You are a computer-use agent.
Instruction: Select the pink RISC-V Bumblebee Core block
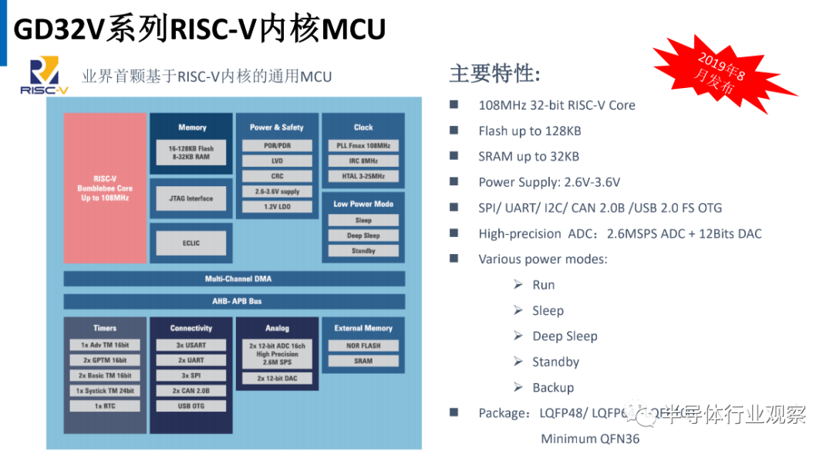pyautogui.click(x=104, y=188)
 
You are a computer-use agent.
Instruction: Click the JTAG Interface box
pyautogui.click(x=191, y=198)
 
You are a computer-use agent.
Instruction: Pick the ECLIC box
pyautogui.click(x=191, y=243)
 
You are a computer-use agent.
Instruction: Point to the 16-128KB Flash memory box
pyautogui.click(x=191, y=152)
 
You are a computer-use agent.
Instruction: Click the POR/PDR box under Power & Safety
pyautogui.click(x=277, y=146)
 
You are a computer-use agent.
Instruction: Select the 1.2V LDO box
pyautogui.click(x=277, y=206)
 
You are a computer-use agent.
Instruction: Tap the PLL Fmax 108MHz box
pyautogui.click(x=363, y=146)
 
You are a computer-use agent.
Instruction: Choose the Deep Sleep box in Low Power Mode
pyautogui.click(x=363, y=236)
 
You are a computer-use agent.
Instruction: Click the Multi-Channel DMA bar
pyautogui.click(x=234, y=279)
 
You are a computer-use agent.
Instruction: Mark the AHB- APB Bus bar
pyautogui.click(x=234, y=301)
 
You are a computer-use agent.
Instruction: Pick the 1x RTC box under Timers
pyautogui.click(x=105, y=405)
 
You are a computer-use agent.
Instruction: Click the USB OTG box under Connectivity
pyautogui.click(x=191, y=405)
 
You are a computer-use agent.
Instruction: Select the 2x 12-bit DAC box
pyautogui.click(x=277, y=378)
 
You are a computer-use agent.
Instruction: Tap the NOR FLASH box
pyautogui.click(x=363, y=346)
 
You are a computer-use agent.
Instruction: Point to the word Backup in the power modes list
pyautogui.click(x=553, y=388)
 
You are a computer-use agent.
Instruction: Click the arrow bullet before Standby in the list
pyautogui.click(x=518, y=361)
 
